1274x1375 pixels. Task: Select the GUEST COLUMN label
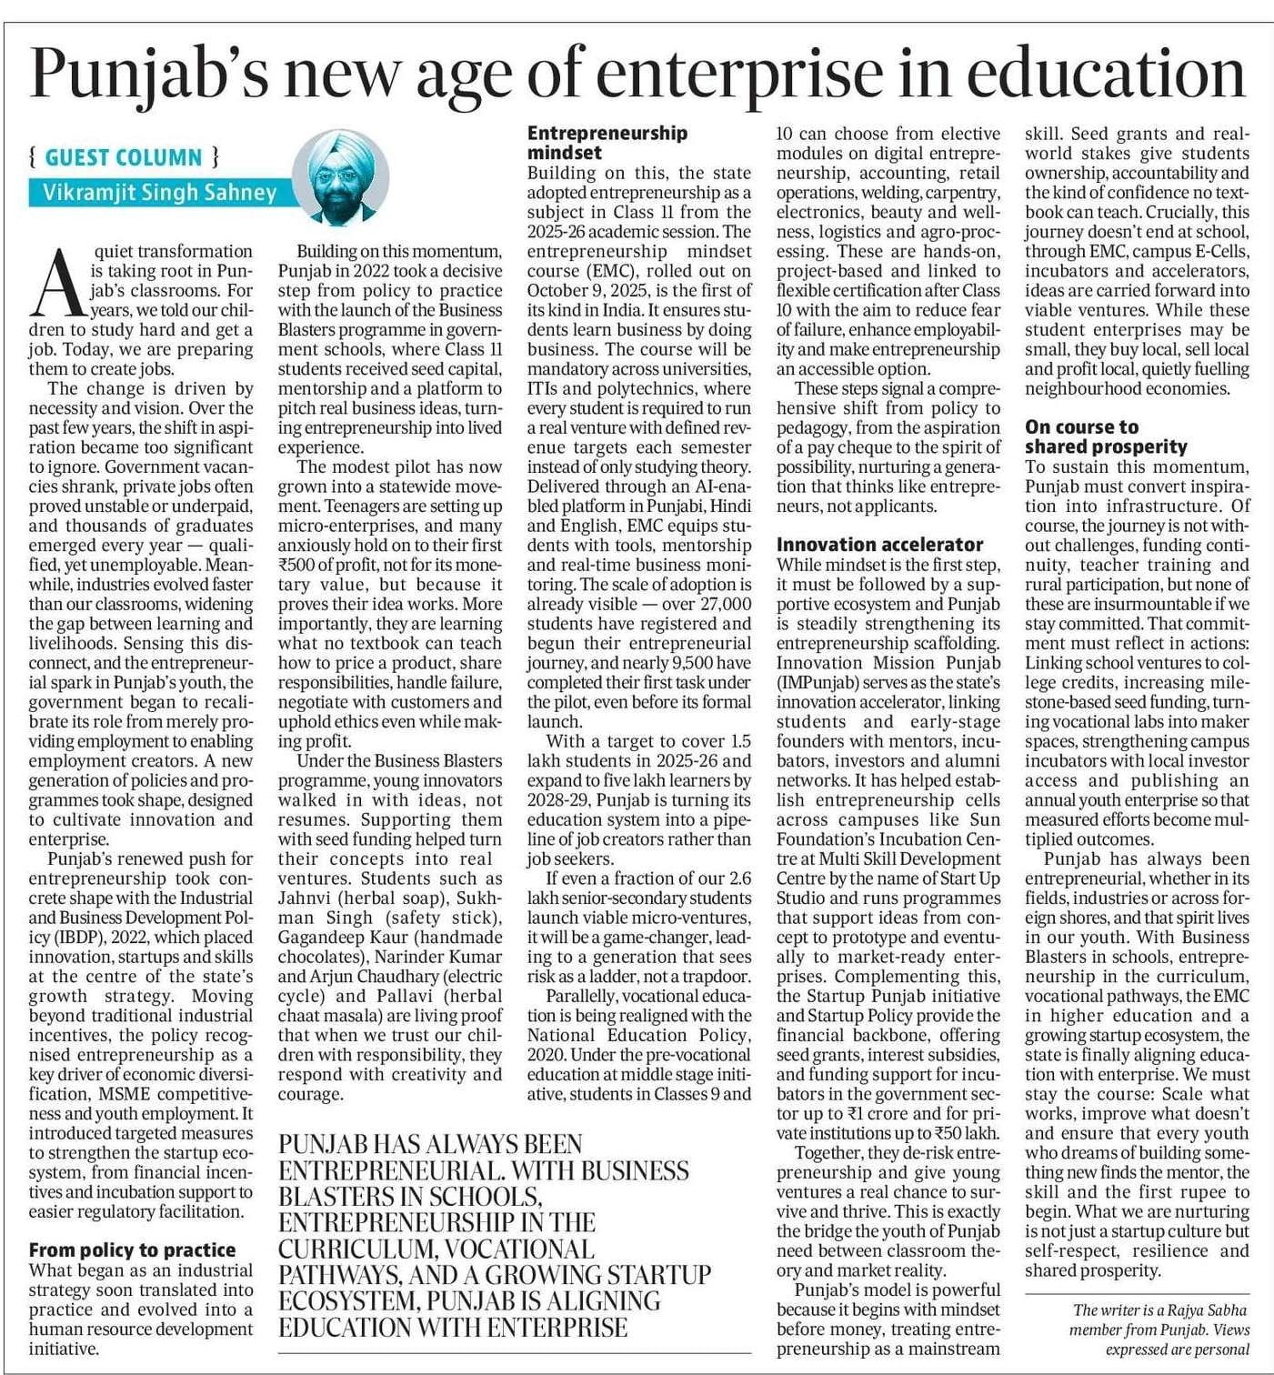coord(124,157)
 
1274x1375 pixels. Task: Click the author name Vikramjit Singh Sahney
coord(159,193)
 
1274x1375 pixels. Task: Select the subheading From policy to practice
coord(132,1250)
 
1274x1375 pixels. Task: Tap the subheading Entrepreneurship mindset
coord(607,143)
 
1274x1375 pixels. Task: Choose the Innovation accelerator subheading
coord(879,545)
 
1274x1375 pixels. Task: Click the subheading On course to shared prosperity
coord(1105,437)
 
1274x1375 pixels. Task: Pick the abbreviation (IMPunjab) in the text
coord(820,682)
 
